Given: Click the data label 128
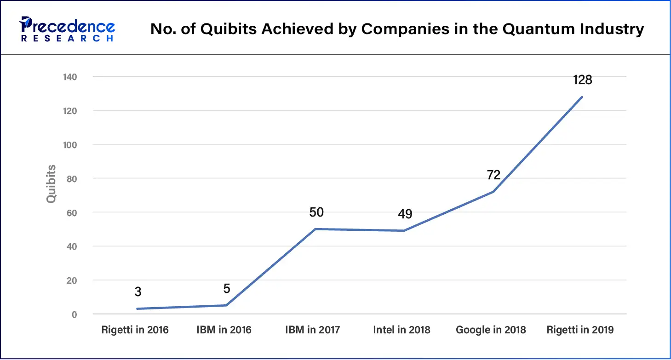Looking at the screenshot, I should pyautogui.click(x=582, y=80).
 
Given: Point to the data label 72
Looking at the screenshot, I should pyautogui.click(x=493, y=175).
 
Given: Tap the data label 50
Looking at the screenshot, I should pyautogui.click(x=316, y=212).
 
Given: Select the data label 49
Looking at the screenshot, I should pyautogui.click(x=405, y=214).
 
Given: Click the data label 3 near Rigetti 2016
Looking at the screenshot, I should pyautogui.click(x=138, y=292).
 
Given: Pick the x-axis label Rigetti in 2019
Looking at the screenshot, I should pyautogui.click(x=579, y=330).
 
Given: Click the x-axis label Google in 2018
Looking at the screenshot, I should pyautogui.click(x=491, y=330).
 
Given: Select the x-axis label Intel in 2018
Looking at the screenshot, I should pyautogui.click(x=401, y=330).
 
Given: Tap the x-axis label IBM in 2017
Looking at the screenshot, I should pyautogui.click(x=313, y=330).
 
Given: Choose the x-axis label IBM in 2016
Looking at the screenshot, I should pyautogui.click(x=224, y=330).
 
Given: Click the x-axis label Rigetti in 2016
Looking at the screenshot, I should pyautogui.click(x=135, y=330).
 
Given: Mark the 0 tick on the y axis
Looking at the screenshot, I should pyautogui.click(x=74, y=314).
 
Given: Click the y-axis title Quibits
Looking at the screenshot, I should pyautogui.click(x=51, y=184).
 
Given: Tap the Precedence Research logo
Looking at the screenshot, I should pyautogui.click(x=67, y=29).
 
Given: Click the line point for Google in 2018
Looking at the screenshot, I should pyautogui.click(x=493, y=192).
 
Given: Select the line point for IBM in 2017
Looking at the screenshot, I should pyautogui.click(x=315, y=229).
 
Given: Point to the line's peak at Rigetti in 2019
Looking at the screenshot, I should pyautogui.click(x=582, y=97).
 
